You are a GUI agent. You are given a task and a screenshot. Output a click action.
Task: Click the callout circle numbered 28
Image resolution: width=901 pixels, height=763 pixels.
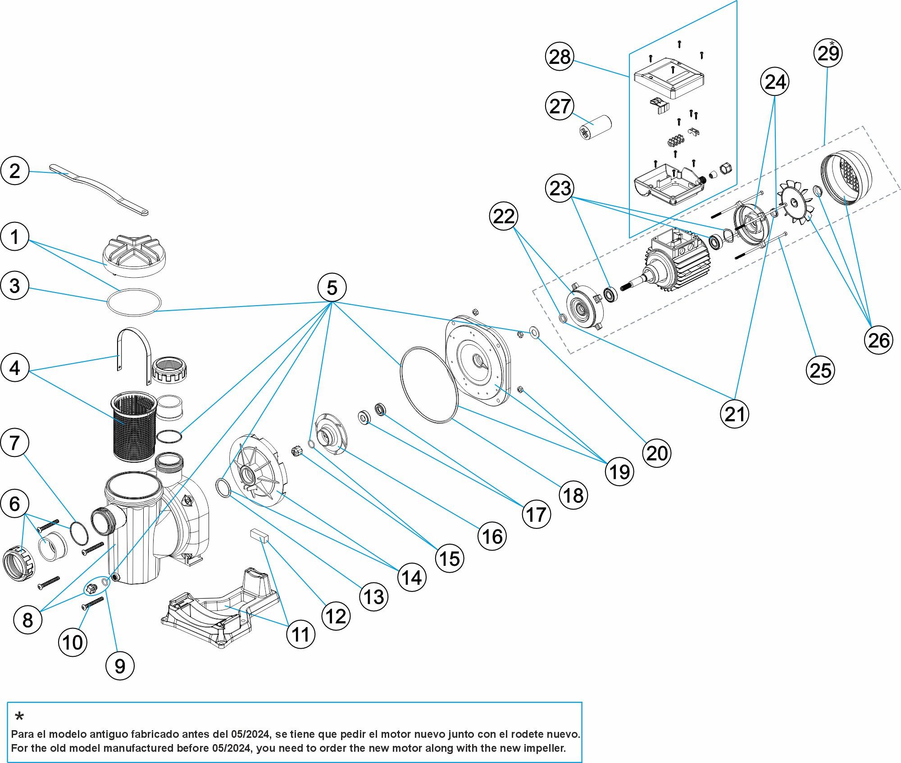point(560,57)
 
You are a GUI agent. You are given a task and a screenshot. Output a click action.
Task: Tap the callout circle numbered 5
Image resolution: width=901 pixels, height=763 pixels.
point(332,288)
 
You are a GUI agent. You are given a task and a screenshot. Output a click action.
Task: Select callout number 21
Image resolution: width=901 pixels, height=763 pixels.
point(734,414)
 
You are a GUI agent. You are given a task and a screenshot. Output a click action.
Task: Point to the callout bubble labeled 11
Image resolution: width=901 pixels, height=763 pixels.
point(300,634)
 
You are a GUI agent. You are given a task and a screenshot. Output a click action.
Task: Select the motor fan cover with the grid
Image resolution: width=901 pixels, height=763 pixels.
point(846,177)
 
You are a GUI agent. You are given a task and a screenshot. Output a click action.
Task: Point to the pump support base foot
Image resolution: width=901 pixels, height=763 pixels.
point(221,608)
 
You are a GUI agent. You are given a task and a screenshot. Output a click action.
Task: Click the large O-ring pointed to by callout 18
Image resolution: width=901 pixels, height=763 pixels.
point(429,385)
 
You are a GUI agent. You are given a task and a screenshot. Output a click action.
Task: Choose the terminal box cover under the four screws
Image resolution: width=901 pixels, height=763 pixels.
point(669,78)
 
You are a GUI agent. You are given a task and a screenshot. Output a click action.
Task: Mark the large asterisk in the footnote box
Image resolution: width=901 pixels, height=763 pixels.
point(19,717)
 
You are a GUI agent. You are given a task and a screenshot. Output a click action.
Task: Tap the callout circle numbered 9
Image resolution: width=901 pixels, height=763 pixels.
point(119,666)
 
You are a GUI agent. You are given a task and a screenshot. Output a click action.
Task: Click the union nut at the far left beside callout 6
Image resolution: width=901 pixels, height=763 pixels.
point(18,563)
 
